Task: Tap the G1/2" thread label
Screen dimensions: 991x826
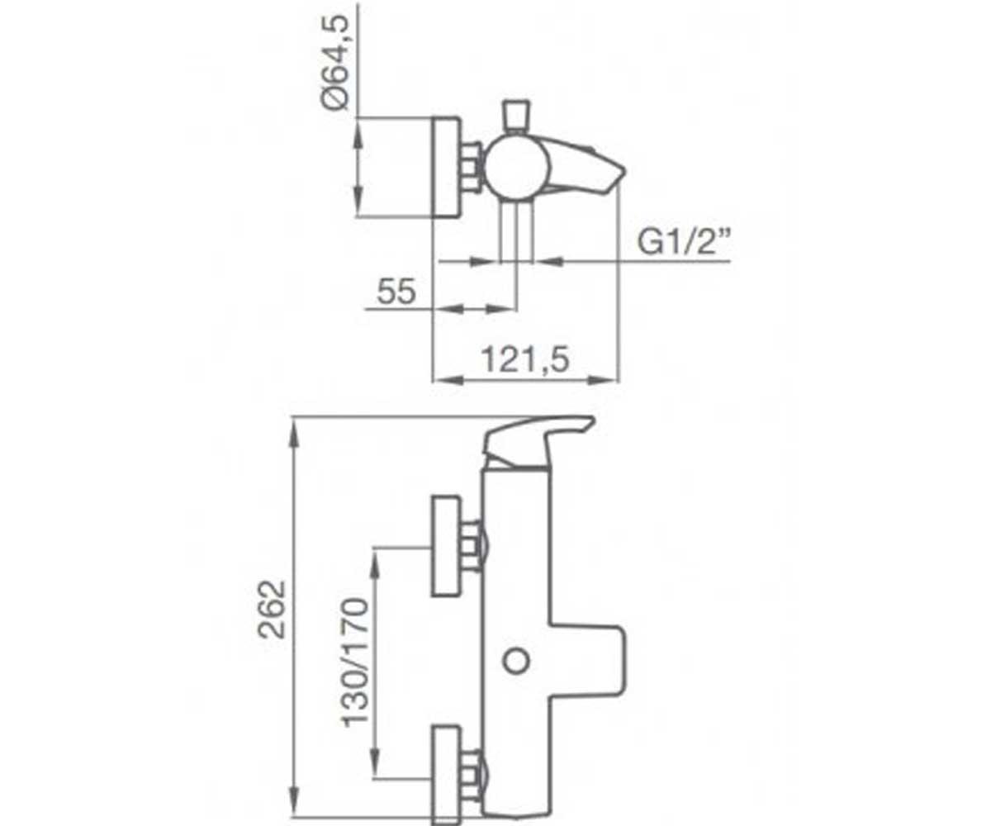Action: pyautogui.click(x=682, y=242)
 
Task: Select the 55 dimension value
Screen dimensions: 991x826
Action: pyautogui.click(x=396, y=291)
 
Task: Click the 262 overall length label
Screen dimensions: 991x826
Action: pyautogui.click(x=272, y=609)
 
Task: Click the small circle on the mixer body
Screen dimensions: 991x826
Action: pyautogui.click(x=516, y=661)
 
